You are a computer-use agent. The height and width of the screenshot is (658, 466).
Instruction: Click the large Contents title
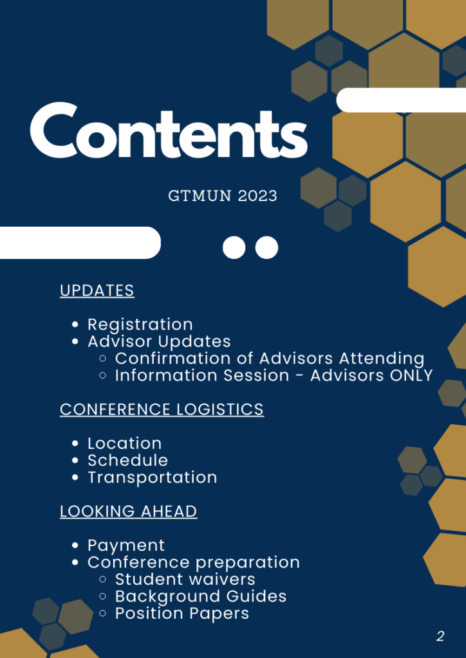pos(169,130)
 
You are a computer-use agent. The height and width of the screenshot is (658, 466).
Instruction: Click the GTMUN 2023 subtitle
pos(223,196)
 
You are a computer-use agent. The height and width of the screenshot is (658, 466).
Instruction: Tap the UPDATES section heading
pos(97,290)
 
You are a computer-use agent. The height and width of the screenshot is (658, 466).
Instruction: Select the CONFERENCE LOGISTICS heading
pos(162,409)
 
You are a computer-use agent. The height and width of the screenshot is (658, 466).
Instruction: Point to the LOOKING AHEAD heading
pos(129,511)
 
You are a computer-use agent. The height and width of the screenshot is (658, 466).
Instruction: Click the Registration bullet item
pos(140,325)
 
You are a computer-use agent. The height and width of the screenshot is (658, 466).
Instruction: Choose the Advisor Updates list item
pos(159,341)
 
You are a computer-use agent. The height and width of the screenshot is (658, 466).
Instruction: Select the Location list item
pos(124,443)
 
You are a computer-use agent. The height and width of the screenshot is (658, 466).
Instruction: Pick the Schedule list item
pos(127,460)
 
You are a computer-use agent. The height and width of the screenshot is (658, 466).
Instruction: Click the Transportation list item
pos(152,477)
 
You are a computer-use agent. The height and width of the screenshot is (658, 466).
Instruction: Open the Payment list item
pos(126,546)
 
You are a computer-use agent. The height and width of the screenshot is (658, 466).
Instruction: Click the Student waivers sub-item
pos(185,579)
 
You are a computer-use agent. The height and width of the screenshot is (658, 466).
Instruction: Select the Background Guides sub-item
pos(201,596)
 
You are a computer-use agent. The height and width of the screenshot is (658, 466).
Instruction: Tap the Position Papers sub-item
pos(182,614)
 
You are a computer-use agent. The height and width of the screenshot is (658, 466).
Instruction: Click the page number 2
pos(440,637)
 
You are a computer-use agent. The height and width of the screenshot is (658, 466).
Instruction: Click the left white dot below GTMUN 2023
pos(234,247)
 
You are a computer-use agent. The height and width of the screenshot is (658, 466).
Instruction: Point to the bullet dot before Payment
pos(76,546)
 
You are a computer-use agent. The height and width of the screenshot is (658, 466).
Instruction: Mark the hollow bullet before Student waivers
pos(103,580)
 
